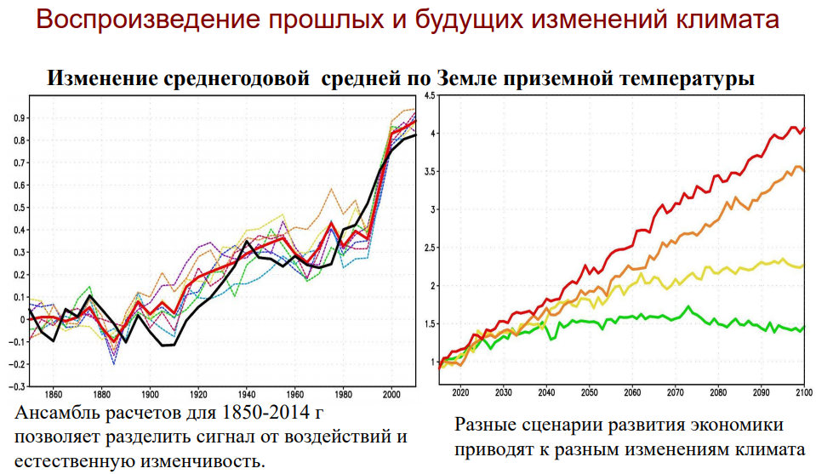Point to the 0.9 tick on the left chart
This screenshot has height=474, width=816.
[x=20, y=118]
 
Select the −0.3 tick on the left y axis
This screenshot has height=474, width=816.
[x=17, y=386]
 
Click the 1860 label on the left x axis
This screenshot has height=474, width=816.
[x=54, y=395]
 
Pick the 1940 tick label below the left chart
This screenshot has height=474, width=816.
[x=247, y=395]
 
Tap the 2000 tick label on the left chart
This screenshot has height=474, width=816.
[x=392, y=395]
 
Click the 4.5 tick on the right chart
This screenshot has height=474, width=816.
[x=430, y=96]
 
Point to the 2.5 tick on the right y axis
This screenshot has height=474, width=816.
[x=430, y=248]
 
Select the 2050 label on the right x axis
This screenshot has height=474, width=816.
[x=589, y=393]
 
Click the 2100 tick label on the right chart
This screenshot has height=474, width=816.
[x=804, y=393]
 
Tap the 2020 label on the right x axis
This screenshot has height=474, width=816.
[x=460, y=393]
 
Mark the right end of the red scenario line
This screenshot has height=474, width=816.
[x=805, y=128]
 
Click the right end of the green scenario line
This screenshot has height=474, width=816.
[x=805, y=327]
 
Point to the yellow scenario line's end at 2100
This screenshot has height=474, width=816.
[x=805, y=266]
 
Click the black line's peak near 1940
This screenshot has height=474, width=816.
[x=247, y=241]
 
